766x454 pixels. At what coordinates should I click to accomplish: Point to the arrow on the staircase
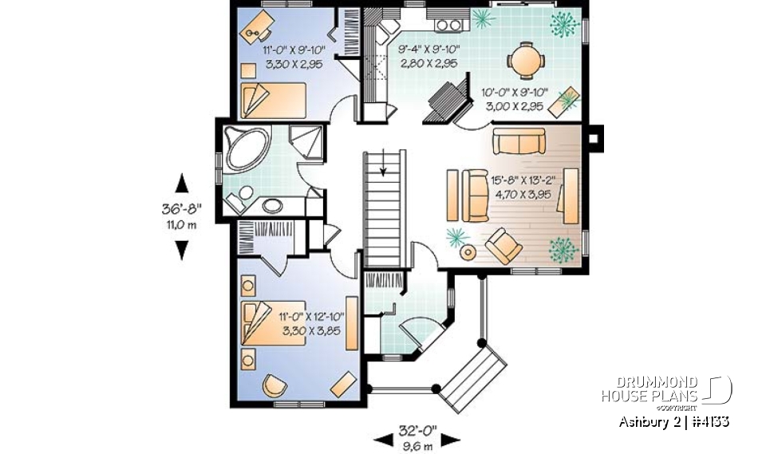pyautogui.click(x=384, y=168)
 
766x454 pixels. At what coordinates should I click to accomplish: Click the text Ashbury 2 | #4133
pyautogui.click(x=673, y=421)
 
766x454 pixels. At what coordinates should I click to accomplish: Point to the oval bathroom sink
pyautogui.click(x=272, y=205)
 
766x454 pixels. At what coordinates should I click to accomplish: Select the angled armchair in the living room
pyautogui.click(x=503, y=245)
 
